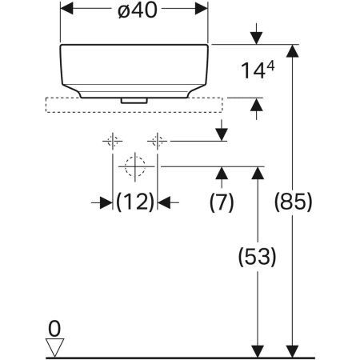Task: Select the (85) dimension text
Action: tap(293, 200)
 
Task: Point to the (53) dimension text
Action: tap(257, 257)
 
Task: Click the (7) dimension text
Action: tap(222, 202)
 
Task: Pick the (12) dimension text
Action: tap(134, 202)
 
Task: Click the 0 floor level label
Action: tap(54, 327)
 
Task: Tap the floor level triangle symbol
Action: tap(54, 346)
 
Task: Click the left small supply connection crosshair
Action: tap(112, 142)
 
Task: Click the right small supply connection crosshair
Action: tap(158, 142)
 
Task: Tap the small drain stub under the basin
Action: tap(134, 100)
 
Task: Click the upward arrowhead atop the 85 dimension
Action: tap(293, 50)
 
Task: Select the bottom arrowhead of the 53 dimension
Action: tap(257, 353)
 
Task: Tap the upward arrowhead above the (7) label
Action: tap(222, 173)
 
